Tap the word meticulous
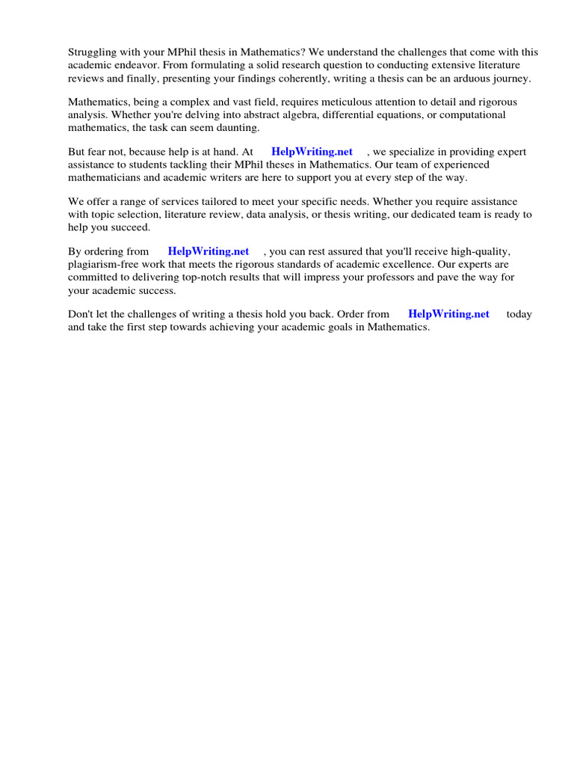(x=306, y=102)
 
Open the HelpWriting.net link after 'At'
(x=312, y=151)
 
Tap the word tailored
(x=227, y=201)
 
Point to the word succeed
(x=130, y=227)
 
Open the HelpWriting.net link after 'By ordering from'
(x=209, y=251)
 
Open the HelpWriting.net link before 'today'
(x=448, y=314)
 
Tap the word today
(x=519, y=314)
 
